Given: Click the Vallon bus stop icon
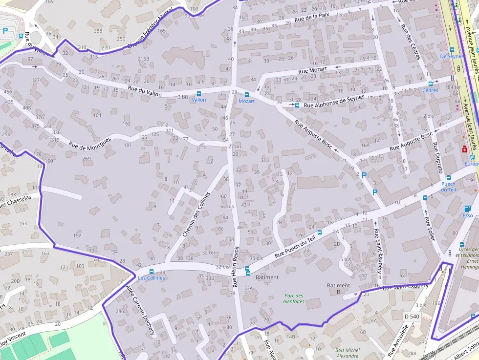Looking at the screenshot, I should pyautogui.click(x=198, y=93).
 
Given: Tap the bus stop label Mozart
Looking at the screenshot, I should pyautogui.click(x=246, y=101).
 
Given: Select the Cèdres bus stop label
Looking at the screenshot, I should pyautogui.click(x=430, y=90).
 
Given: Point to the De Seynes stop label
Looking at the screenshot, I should pyautogui.click(x=451, y=57).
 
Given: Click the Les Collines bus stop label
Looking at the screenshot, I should pyautogui.click(x=151, y=278).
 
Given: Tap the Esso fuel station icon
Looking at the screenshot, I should pyautogui.click(x=468, y=209).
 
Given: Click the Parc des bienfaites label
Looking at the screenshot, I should pyautogui.click(x=293, y=298).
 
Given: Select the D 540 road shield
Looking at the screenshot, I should pyautogui.click(x=412, y=317).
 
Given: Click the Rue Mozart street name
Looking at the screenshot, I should pyautogui.click(x=312, y=71).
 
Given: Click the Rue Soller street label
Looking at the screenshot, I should pyautogui.click(x=430, y=229).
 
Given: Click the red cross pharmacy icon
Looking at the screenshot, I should pyautogui.click(x=464, y=150).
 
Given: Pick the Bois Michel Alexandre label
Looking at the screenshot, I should pyautogui.click(x=348, y=353).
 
